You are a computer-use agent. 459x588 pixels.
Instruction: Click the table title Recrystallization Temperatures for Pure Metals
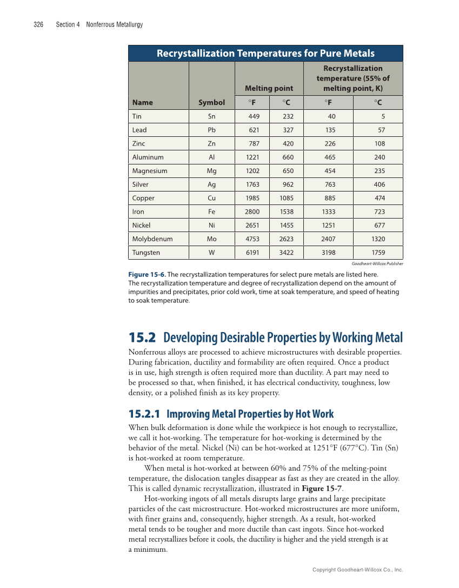coord(265,53)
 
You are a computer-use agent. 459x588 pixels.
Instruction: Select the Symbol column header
coord(211,102)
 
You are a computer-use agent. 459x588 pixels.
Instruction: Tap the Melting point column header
coord(269,88)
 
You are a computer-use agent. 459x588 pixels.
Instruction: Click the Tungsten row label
coord(146,253)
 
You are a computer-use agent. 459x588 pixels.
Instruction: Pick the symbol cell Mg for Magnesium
coord(211,171)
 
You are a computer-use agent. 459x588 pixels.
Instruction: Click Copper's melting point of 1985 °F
coord(252,198)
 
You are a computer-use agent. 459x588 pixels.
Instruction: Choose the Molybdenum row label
coord(152,239)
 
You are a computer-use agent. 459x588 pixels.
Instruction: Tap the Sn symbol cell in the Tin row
coord(211,116)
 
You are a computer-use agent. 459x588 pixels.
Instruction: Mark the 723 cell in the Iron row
coord(378,212)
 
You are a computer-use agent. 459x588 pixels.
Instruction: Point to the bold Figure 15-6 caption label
coord(147,275)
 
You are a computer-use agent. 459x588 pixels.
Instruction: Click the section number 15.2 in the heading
coord(142,338)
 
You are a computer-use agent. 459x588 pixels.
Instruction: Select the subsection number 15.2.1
coord(144,414)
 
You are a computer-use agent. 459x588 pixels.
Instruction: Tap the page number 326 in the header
coord(38,25)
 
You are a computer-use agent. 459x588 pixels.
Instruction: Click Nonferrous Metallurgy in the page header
coord(114,25)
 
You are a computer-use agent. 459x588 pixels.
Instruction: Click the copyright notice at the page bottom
coord(358,570)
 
